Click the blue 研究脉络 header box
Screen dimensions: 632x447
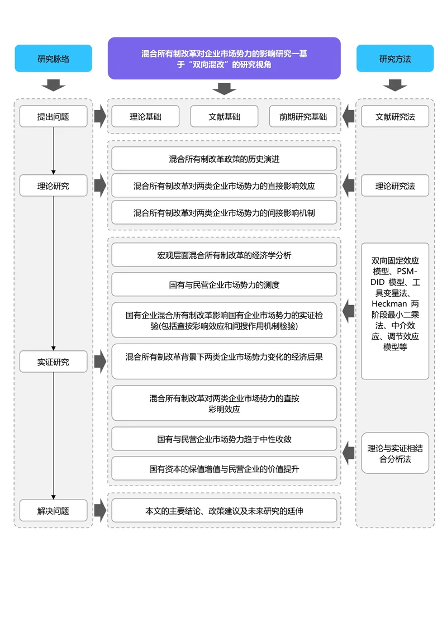pos(54,59)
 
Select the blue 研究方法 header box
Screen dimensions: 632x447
pos(395,59)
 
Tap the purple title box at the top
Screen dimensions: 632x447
pos(224,59)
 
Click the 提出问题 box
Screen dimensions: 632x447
pos(54,117)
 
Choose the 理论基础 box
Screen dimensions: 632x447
pos(145,117)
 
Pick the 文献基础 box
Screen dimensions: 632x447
pos(224,117)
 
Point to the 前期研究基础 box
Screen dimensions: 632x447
pos(303,117)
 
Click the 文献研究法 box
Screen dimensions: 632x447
pos(395,117)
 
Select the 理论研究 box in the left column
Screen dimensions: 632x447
pos(54,186)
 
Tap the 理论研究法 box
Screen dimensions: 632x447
pos(395,186)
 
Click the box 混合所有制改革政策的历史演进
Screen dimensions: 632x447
pos(224,159)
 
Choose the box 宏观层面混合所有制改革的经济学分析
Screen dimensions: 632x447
pos(224,255)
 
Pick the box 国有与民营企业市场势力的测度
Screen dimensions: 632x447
pos(224,284)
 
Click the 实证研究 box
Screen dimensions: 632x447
pos(54,362)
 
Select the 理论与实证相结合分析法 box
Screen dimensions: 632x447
pos(395,453)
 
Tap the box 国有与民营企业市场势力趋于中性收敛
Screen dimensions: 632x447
pos(224,439)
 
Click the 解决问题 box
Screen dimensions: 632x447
pos(54,510)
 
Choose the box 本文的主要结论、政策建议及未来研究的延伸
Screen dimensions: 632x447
pos(224,510)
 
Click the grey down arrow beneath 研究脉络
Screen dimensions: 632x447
pos(54,85)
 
